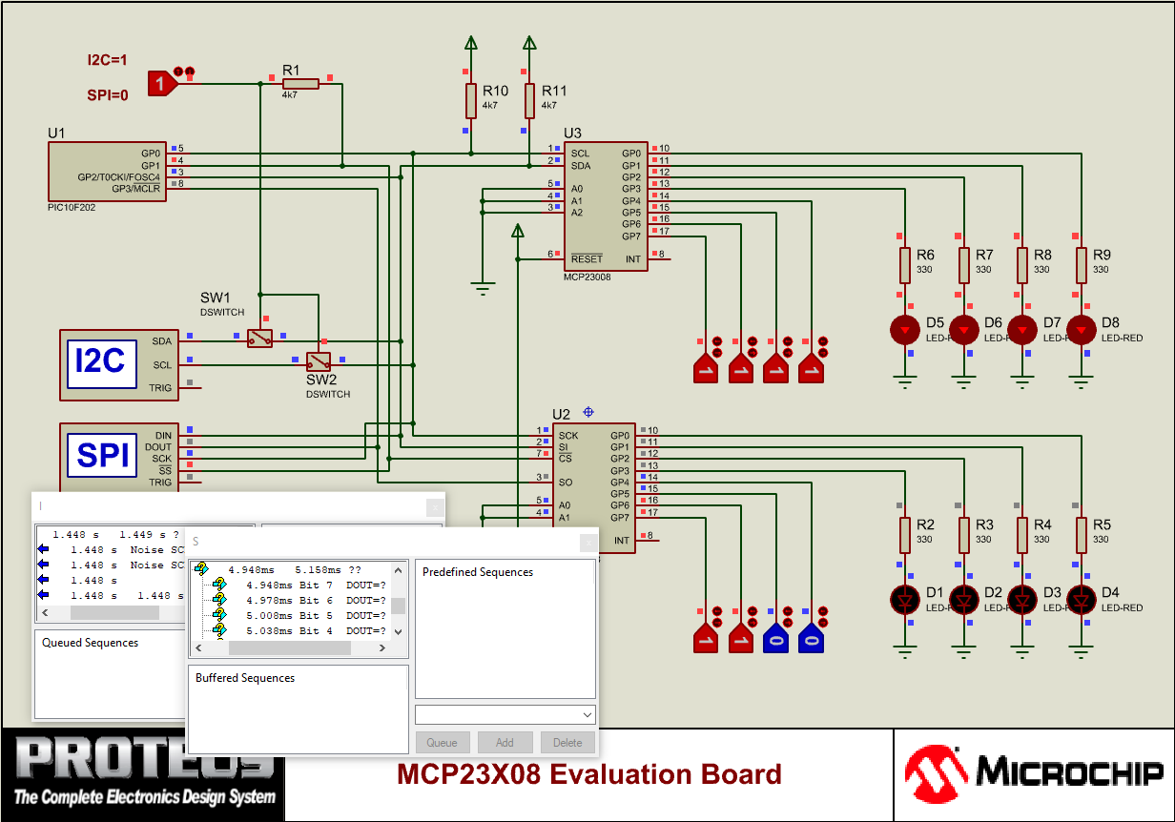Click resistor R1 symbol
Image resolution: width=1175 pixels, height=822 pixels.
coord(300,84)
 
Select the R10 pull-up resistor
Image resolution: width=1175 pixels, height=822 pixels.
coord(470,100)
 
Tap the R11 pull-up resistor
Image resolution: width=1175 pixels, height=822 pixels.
coord(529,100)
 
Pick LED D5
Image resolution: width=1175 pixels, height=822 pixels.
coord(904,329)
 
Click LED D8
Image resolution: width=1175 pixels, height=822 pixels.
coord(1081,329)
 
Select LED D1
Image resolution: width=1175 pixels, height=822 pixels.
coord(904,599)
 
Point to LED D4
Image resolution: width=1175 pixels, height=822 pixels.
coord(1081,599)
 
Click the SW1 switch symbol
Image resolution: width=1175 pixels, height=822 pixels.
coord(259,338)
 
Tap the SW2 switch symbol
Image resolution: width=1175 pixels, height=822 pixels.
coord(318,360)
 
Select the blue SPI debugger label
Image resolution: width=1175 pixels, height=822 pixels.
coord(102,455)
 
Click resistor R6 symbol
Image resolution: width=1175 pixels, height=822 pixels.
coord(904,265)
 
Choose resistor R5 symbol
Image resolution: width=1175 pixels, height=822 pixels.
coord(1081,535)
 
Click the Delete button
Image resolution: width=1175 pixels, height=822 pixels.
coord(567,742)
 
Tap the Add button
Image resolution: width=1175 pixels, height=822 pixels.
coord(505,742)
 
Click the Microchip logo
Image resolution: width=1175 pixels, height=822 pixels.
coord(1034,773)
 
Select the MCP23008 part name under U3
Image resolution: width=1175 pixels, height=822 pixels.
coord(587,277)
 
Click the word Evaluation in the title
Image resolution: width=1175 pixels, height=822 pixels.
coord(619,773)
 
